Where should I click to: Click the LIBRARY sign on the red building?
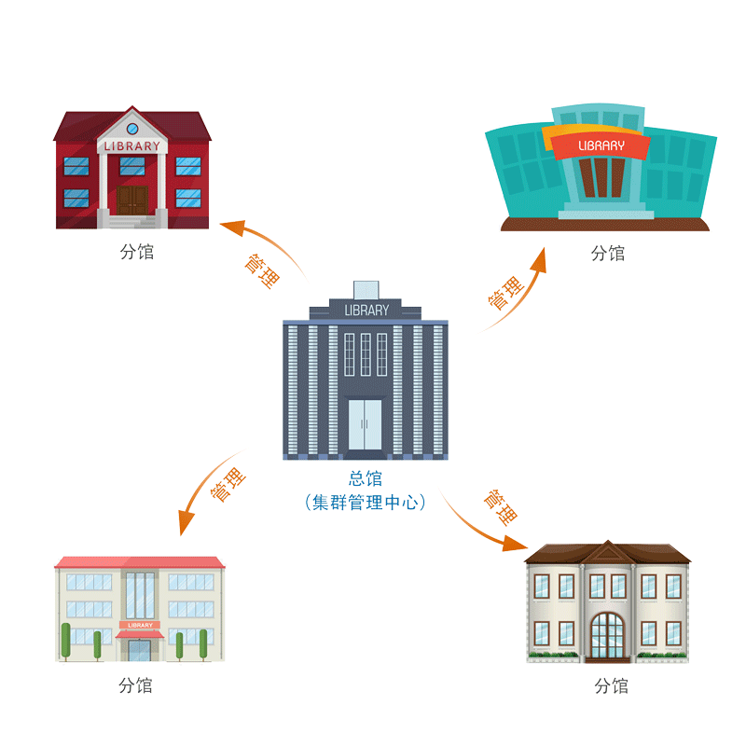tap(132, 146)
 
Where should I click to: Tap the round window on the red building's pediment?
tap(132, 129)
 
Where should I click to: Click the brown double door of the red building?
tap(132, 200)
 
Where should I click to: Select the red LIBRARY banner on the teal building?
tap(601, 145)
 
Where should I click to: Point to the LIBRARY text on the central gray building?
tap(366, 311)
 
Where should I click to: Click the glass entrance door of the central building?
tap(365, 424)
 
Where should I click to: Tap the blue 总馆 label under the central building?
tap(366, 478)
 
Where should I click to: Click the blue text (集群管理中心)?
tap(366, 503)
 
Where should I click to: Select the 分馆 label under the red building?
tap(137, 252)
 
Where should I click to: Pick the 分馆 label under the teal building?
tap(608, 253)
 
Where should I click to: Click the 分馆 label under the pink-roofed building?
tap(135, 685)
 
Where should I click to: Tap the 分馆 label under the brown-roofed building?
tap(612, 686)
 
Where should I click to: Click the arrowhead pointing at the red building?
tap(233, 228)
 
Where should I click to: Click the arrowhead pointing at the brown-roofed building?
tap(515, 544)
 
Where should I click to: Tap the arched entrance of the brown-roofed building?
tap(608, 636)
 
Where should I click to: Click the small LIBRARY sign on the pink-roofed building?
tap(140, 625)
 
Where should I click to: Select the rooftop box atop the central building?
tap(366, 290)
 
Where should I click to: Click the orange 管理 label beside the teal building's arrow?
tap(505, 293)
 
